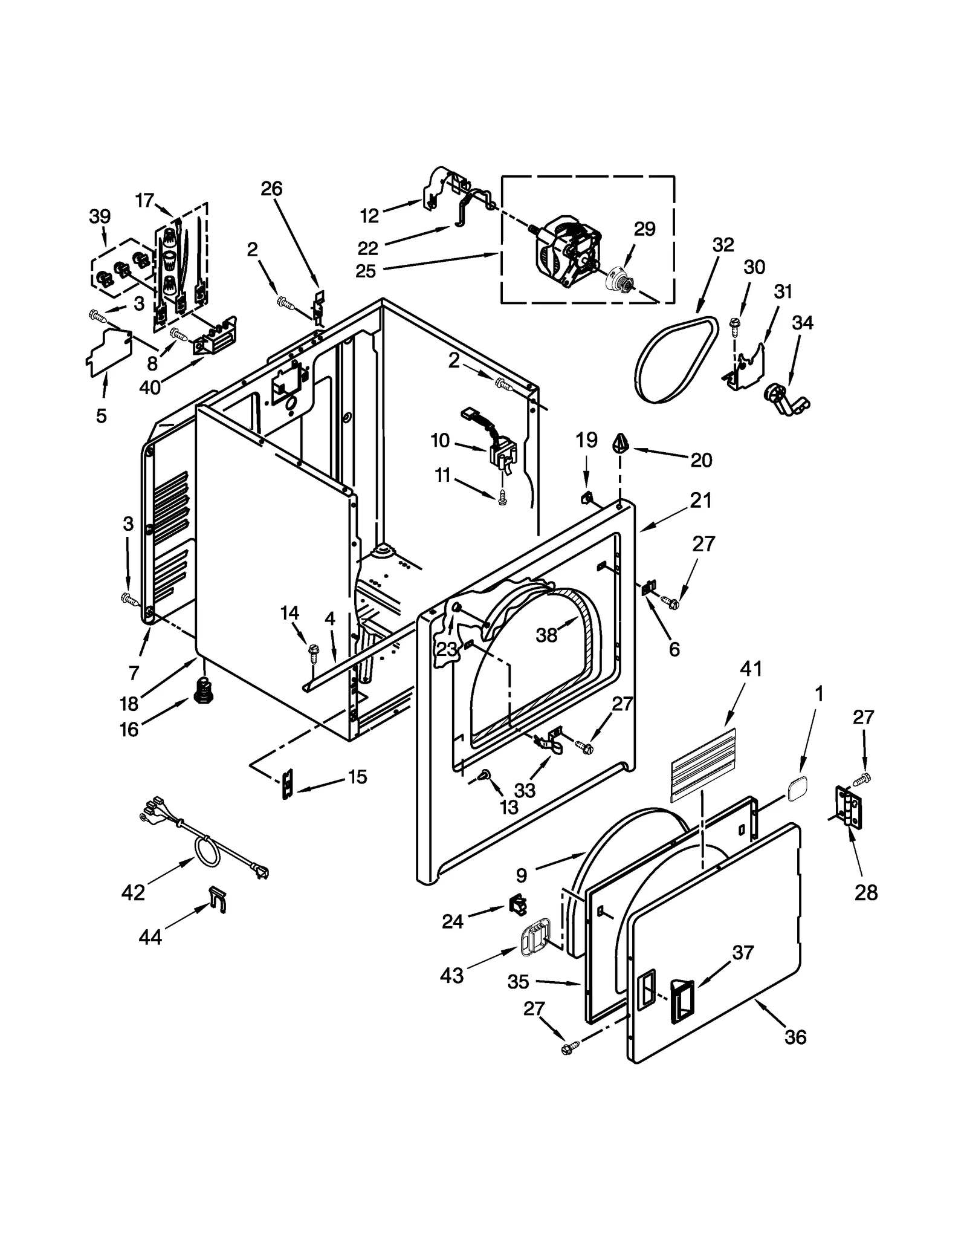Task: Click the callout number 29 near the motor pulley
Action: pos(644,229)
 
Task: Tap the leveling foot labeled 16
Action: pos(204,690)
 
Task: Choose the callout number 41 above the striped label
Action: pos(751,669)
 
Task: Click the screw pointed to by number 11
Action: pos(502,498)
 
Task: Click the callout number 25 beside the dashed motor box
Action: pos(366,271)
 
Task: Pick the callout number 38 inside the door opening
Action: pos(546,635)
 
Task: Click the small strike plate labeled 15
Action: pos(288,783)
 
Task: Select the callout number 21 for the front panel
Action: pos(700,501)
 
